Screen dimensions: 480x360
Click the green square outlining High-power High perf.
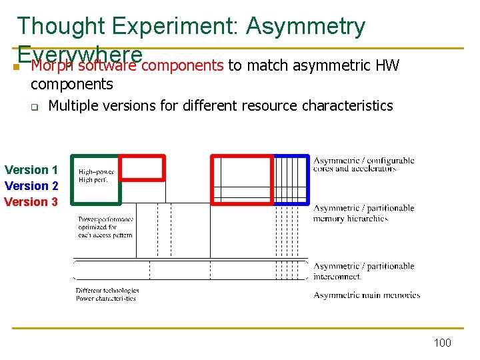tap(97, 179)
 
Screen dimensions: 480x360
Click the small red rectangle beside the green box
tap(142, 167)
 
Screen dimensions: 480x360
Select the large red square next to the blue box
tap(243, 179)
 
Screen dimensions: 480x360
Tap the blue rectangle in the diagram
tap(292, 179)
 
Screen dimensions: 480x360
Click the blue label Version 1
tap(31, 170)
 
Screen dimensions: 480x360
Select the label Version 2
tap(31, 186)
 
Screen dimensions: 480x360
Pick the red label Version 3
tap(31, 202)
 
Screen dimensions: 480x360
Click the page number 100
tap(442, 343)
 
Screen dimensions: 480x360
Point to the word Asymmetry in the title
tap(305, 27)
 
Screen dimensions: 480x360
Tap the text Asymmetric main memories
tap(367, 295)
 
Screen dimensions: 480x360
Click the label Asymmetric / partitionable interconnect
tap(363, 271)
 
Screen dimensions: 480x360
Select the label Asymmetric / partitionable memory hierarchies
tap(363, 213)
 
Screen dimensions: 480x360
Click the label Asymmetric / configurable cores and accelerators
tap(363, 164)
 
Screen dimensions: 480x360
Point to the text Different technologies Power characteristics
tap(107, 295)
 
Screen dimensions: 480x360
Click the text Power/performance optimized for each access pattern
tap(105, 227)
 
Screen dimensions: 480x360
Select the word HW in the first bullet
tap(387, 65)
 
